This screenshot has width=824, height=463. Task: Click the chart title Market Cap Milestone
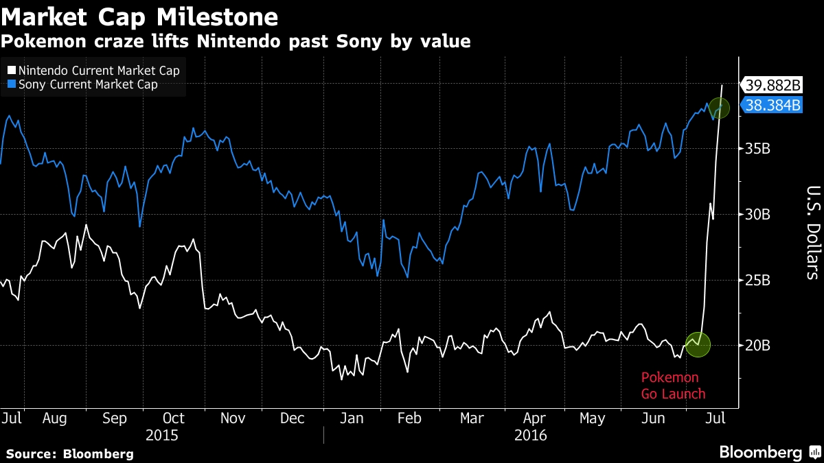click(x=139, y=16)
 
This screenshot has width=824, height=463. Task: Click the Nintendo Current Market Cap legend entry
click(x=96, y=71)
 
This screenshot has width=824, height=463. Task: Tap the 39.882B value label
click(x=773, y=86)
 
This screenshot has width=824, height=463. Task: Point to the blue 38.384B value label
click(x=773, y=106)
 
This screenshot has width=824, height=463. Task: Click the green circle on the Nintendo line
click(x=698, y=344)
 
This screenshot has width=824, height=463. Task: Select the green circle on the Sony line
click(x=720, y=108)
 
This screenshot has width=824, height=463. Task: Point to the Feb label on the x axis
click(x=411, y=418)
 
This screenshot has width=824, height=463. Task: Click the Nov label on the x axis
click(x=233, y=418)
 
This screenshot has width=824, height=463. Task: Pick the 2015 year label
click(x=162, y=435)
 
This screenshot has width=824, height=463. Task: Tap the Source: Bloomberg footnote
click(x=69, y=453)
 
